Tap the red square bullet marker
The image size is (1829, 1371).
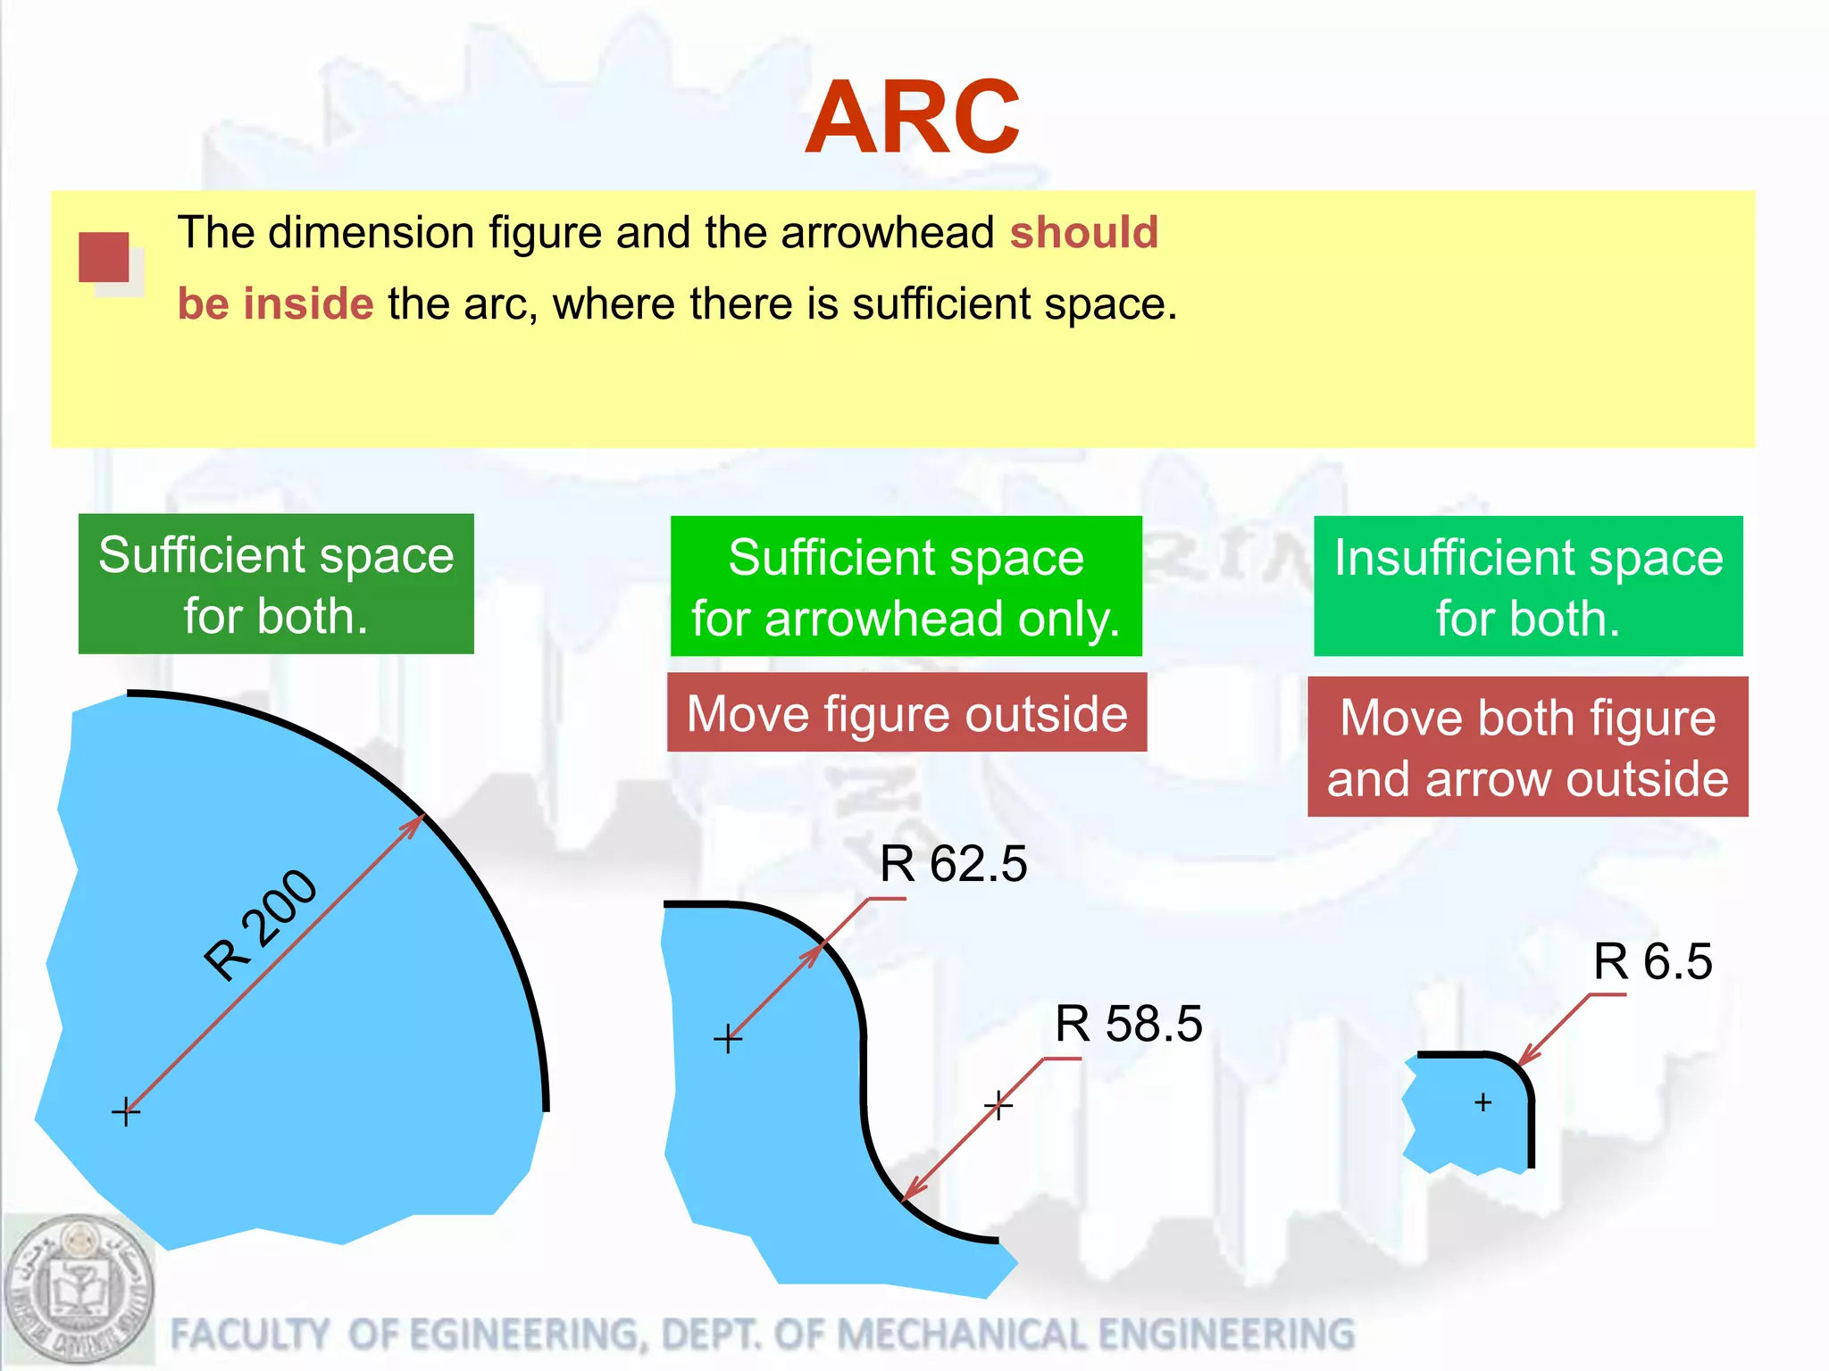coord(104,258)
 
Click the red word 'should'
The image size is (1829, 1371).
coord(1083,233)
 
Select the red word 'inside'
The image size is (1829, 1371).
coord(308,304)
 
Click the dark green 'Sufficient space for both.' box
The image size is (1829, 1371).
coord(276,584)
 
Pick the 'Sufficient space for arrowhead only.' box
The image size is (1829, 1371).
coord(906,586)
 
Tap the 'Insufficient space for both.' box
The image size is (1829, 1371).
coord(1528,586)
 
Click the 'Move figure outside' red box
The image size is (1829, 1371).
coord(906,713)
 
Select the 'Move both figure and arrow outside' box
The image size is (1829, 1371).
coord(1527,747)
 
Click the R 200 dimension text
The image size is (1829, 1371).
coord(260,925)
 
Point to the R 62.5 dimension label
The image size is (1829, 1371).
coord(953,864)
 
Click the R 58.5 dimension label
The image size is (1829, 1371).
coord(1128,1024)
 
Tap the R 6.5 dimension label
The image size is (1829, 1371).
coord(1652,962)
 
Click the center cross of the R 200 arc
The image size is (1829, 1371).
coord(126,1112)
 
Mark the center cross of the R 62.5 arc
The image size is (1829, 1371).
coord(728,1039)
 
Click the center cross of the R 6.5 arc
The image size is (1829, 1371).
coord(1483,1103)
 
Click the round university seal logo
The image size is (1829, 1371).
coord(79,1290)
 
